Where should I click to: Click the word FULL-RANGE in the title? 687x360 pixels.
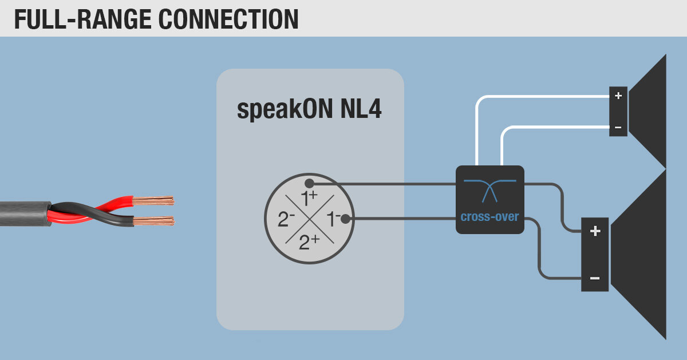click(81, 18)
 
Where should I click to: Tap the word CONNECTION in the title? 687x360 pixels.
click(227, 18)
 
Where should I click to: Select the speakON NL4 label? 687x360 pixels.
click(309, 110)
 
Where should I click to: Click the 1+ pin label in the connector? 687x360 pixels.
click(310, 199)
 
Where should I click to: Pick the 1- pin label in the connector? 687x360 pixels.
click(333, 219)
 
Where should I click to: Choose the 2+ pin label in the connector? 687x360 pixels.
click(310, 243)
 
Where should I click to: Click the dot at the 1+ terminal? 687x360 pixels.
click(309, 184)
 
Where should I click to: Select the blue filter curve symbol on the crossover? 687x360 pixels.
click(489, 189)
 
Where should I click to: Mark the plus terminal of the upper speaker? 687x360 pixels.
click(618, 96)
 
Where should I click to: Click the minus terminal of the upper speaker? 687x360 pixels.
click(618, 126)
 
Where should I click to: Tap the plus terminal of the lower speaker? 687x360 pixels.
click(595, 232)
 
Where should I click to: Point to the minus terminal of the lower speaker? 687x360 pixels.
click(595, 278)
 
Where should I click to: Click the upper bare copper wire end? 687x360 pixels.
click(153, 201)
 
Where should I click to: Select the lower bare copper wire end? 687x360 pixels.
click(153, 221)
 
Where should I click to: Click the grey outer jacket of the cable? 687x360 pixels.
click(23, 213)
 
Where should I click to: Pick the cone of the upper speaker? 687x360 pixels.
click(650, 112)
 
